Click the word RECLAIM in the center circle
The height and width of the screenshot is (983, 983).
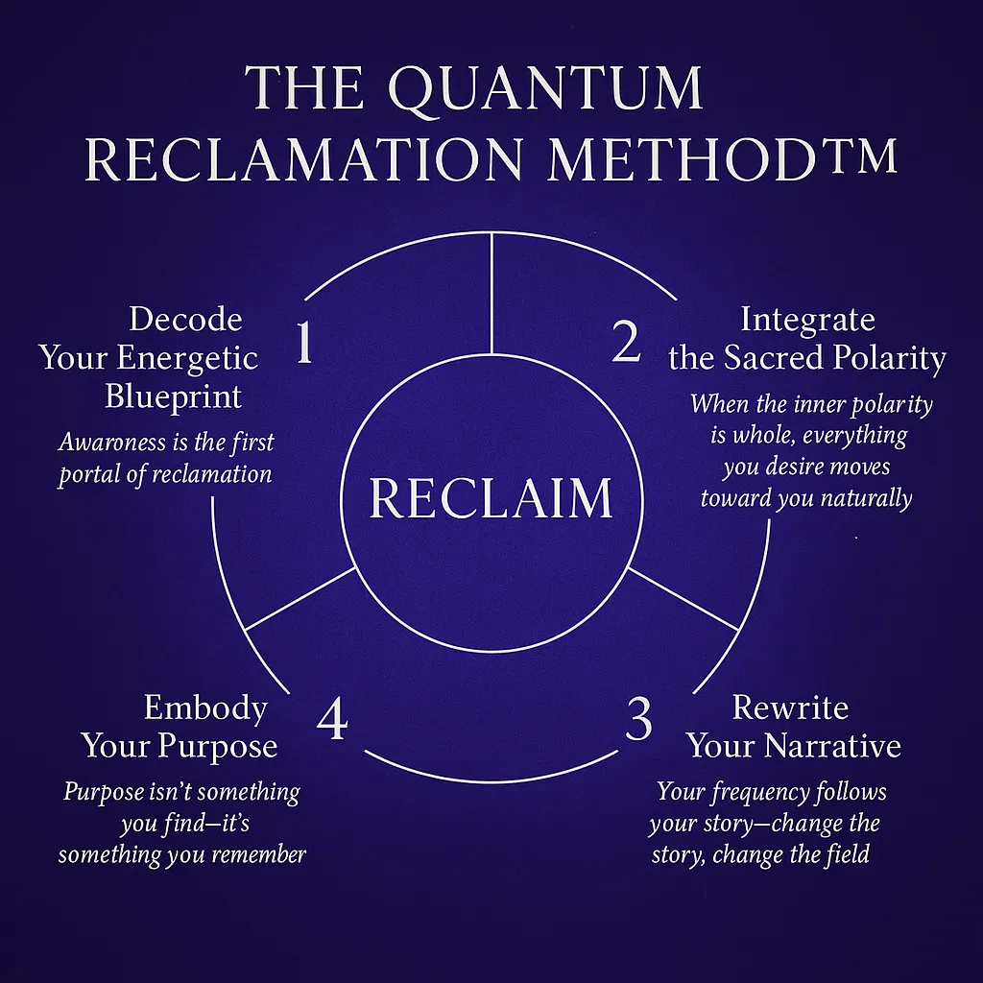click(x=491, y=498)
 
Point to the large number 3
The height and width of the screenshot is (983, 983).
click(x=638, y=720)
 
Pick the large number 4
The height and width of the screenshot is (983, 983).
click(x=331, y=720)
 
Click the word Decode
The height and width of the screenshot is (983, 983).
click(x=185, y=319)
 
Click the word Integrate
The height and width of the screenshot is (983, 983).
click(x=807, y=319)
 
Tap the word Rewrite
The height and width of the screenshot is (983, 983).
click(x=790, y=707)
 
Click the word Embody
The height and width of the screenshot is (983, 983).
click(x=205, y=707)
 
